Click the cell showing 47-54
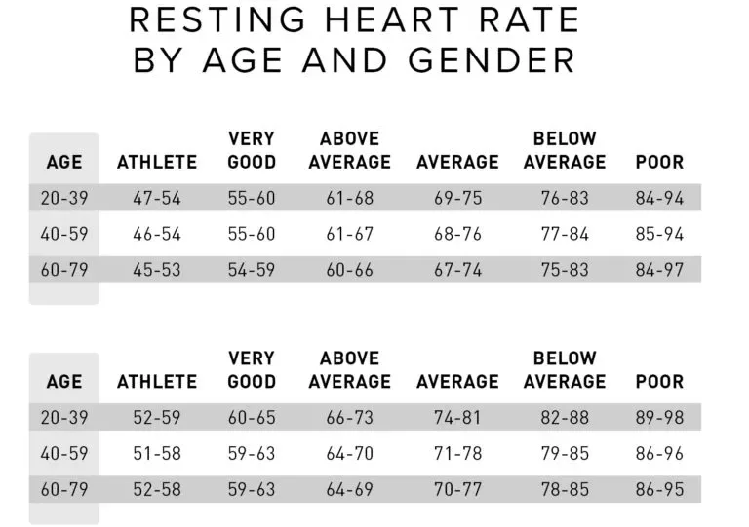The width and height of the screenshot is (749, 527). click(x=157, y=198)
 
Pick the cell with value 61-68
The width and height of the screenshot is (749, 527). click(x=350, y=198)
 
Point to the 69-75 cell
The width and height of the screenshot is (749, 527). click(x=457, y=198)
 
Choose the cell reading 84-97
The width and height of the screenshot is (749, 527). click(x=660, y=270)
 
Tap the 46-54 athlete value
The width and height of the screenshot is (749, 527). click(x=157, y=234)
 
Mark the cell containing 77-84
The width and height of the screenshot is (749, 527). click(x=565, y=234)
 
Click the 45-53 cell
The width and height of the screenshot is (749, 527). click(x=157, y=270)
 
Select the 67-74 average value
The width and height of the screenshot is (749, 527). click(x=457, y=270)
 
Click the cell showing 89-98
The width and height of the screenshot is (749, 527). click(x=660, y=418)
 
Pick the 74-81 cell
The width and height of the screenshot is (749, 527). click(x=457, y=418)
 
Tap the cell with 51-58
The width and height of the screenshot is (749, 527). click(x=157, y=453)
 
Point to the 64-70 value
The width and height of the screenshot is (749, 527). click(x=350, y=453)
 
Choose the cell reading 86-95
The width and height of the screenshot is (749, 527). click(x=660, y=489)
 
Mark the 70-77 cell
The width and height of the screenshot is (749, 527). click(x=457, y=489)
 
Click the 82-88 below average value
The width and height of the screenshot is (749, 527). click(x=565, y=418)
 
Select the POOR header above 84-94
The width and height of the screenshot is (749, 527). click(x=660, y=162)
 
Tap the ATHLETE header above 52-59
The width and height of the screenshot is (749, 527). click(x=157, y=382)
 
